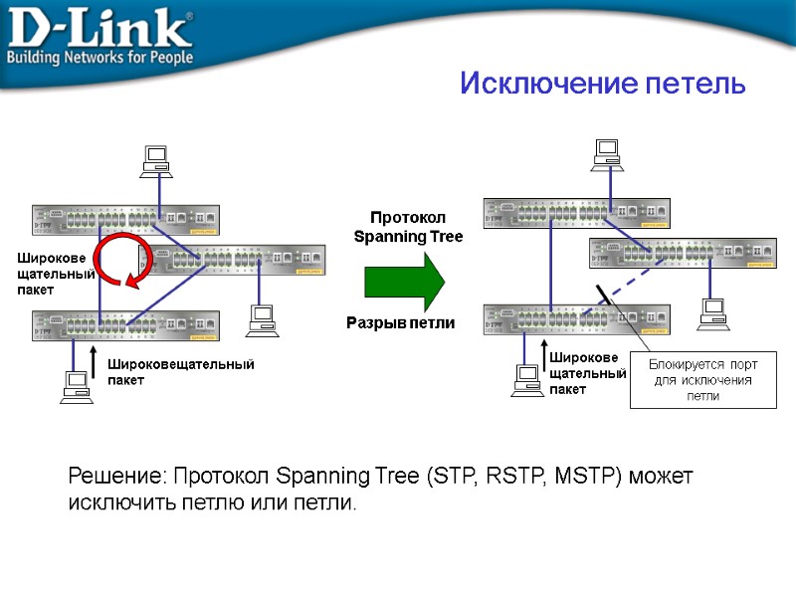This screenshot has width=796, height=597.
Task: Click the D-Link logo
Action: pyautogui.click(x=99, y=35)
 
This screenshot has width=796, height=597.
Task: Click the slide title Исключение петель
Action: pyautogui.click(x=603, y=84)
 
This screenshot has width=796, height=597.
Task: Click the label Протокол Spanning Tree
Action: pyautogui.click(x=408, y=227)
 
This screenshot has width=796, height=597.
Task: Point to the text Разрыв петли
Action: pyautogui.click(x=400, y=323)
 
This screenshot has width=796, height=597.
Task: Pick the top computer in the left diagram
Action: pyautogui.click(x=155, y=161)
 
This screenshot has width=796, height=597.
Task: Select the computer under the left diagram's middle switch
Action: pyautogui.click(x=262, y=319)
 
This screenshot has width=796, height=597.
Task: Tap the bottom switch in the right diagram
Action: pyautogui.click(x=576, y=318)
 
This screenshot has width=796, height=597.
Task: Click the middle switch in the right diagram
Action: pyautogui.click(x=682, y=253)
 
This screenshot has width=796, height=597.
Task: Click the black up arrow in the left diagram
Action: pyautogui.click(x=93, y=362)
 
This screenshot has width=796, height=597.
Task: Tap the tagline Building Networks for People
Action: pyautogui.click(x=99, y=59)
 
